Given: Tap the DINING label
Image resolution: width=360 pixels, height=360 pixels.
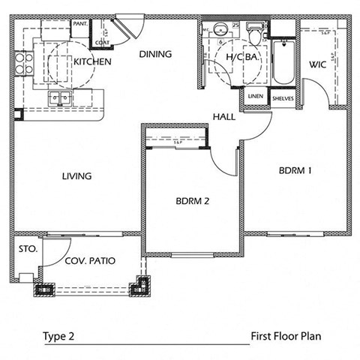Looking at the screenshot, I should (156, 54).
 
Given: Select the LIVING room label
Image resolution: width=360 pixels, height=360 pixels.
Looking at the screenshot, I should (76, 176).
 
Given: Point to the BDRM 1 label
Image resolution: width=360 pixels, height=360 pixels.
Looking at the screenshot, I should (295, 170).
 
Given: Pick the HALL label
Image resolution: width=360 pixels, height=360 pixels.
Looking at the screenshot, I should (225, 116).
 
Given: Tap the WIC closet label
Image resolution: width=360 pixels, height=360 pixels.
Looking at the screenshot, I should (316, 65).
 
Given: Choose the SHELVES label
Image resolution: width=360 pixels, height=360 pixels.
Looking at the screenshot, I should (283, 98).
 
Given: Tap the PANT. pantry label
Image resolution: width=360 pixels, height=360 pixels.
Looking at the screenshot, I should (80, 25).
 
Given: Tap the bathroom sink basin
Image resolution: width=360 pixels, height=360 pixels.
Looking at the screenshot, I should (220, 31).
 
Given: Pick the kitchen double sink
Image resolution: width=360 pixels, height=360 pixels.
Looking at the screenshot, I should (58, 97).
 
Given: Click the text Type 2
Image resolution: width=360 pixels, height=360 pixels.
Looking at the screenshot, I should (59, 337).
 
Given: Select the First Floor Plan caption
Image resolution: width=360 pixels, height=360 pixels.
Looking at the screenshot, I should (286, 337).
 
